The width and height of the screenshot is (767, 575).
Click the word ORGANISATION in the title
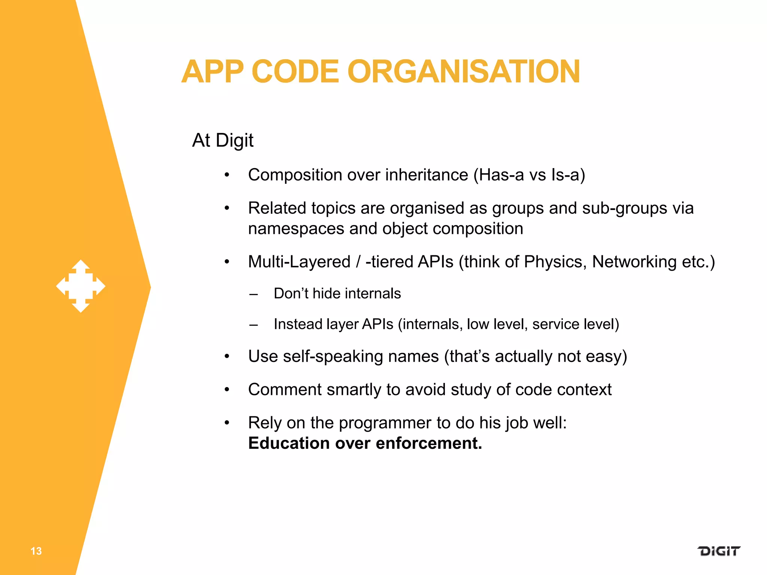pos(464,72)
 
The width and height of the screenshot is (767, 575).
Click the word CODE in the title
pos(295,72)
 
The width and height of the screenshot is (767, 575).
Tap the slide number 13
pos(36,551)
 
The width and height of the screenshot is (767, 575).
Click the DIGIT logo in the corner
pos(719,551)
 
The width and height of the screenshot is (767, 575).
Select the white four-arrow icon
pos(81,286)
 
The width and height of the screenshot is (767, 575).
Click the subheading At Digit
pos(223,140)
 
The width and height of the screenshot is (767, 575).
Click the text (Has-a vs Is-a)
pos(529,175)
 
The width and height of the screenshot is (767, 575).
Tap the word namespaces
pos(296,229)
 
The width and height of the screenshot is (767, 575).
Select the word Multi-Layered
pos(299,262)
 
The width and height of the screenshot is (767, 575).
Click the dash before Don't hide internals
pos(254,294)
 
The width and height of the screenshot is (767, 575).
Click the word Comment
pos(285,390)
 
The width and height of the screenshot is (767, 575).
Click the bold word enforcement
pos(429,443)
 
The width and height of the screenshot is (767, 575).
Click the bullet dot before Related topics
pos(227,208)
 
